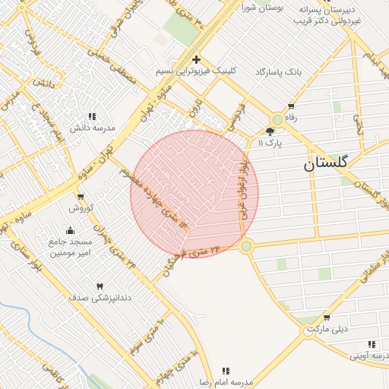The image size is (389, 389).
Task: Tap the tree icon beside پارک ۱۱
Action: tap(270, 131)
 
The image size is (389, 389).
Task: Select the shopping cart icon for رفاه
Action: tap(290, 106)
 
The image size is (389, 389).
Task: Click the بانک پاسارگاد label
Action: tap(278, 71)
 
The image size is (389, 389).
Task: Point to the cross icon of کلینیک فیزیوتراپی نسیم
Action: tap(196, 59)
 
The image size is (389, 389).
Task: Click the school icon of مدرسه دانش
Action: tap(92, 116)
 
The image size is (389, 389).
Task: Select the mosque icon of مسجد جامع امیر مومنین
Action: tap(71, 230)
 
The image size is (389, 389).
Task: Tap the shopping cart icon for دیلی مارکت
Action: tap(327, 318)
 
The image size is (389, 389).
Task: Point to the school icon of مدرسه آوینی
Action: tap(371, 344)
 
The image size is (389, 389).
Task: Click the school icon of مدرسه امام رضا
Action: tap(226, 371)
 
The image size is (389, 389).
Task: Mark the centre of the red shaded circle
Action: tap(194, 194)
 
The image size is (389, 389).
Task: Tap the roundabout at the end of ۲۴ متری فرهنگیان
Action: tap(245, 245)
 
